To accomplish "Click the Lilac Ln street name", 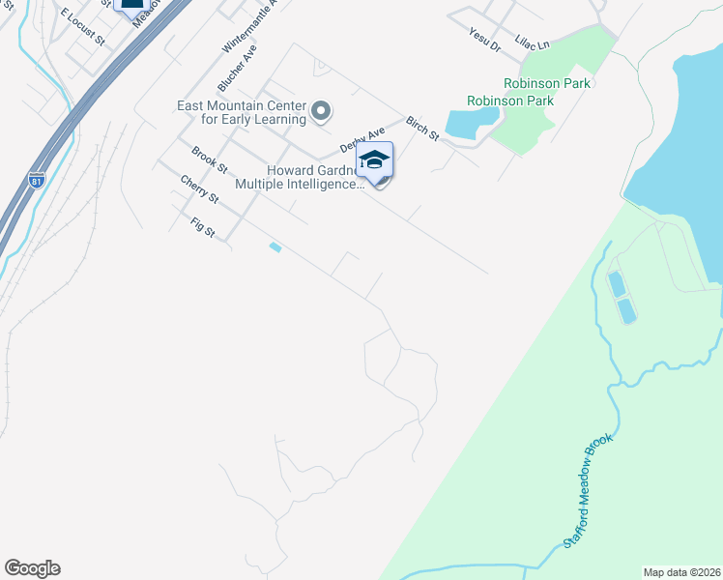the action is tap(532, 43).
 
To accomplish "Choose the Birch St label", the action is tap(422, 129).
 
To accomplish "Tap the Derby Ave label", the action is tap(362, 139).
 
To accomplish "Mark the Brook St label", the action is tap(209, 160).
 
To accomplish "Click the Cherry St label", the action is tap(199, 188).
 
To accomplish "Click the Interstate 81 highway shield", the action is tap(37, 181).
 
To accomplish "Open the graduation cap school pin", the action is tap(375, 160).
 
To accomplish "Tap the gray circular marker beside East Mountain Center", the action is tap(322, 113).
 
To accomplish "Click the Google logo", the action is tap(32, 568).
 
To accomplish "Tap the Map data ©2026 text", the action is tap(681, 572).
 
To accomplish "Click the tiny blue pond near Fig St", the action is tap(275, 247).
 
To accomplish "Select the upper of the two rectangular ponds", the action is tap(616, 284).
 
